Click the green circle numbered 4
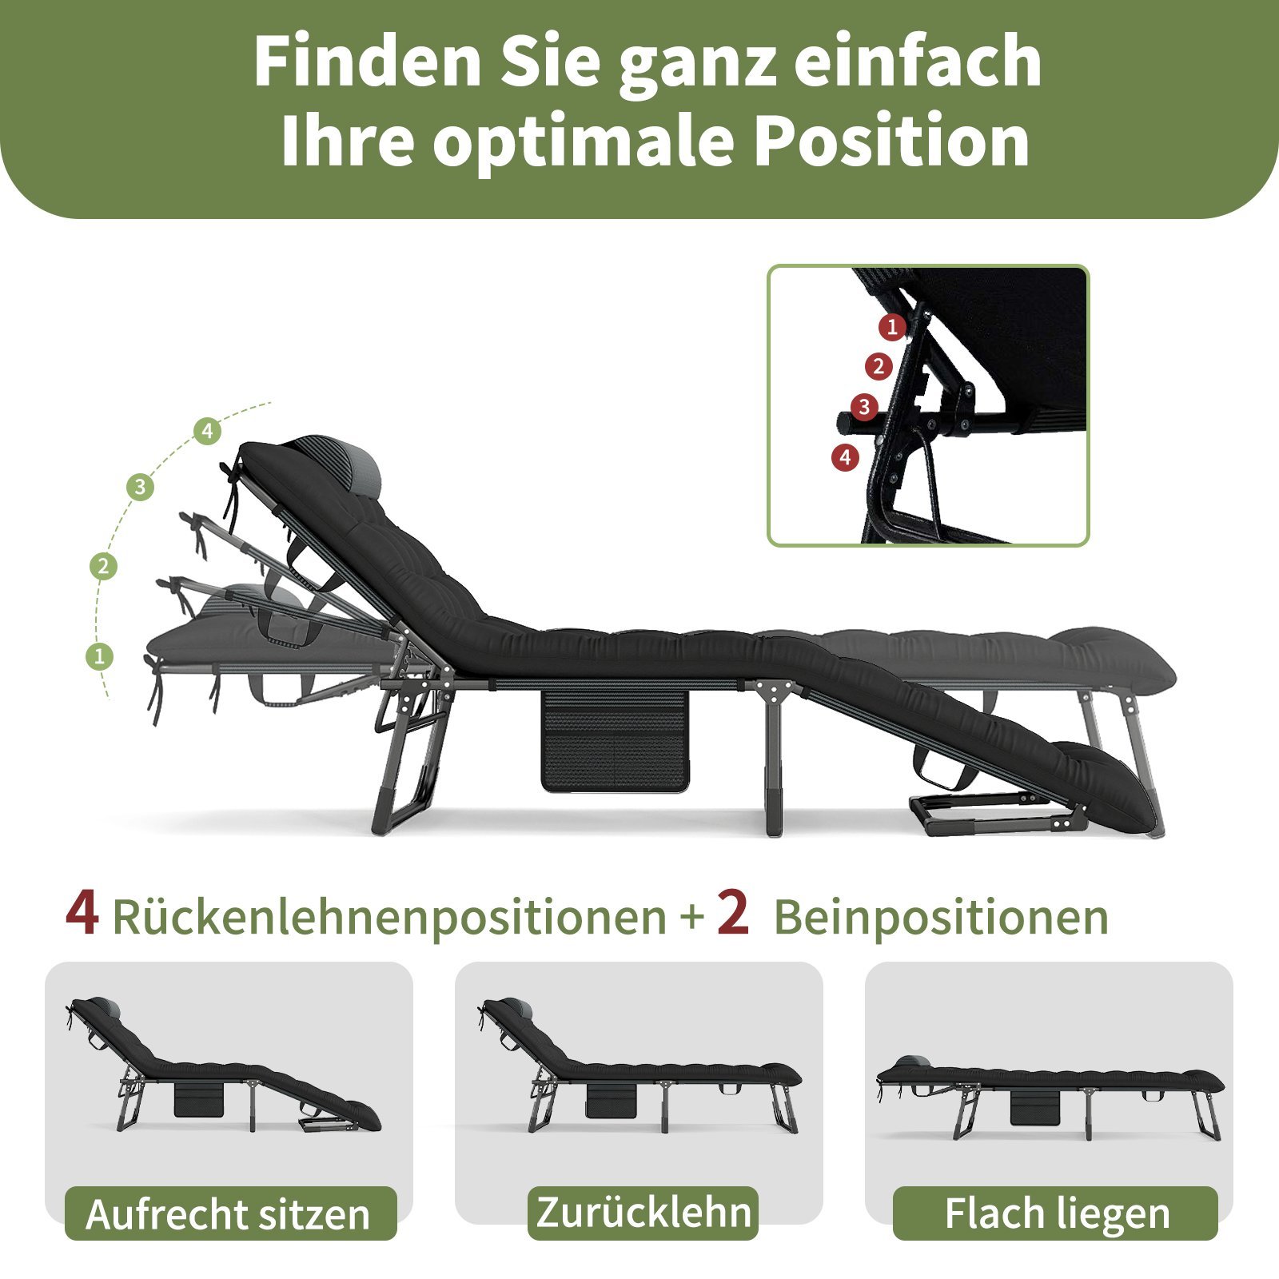(x=207, y=432)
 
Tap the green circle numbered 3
(x=141, y=487)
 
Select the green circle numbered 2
(x=103, y=567)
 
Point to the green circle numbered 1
(x=99, y=657)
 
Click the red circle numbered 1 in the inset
(x=892, y=326)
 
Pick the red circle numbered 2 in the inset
(x=879, y=367)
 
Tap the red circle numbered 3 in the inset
(x=863, y=407)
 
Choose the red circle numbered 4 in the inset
(x=845, y=457)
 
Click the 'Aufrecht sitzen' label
(x=230, y=1213)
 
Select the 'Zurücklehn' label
(x=643, y=1212)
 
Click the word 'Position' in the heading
(x=892, y=141)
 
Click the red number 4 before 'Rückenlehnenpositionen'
(x=82, y=913)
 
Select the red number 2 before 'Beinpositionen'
(x=733, y=913)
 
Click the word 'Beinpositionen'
(x=941, y=917)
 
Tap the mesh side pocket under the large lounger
(x=614, y=740)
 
